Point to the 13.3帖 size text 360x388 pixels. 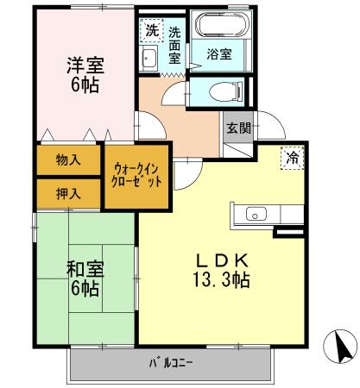click(221, 280)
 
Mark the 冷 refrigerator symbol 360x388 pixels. click(292, 159)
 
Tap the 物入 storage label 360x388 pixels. click(68, 160)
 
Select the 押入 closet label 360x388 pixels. click(68, 192)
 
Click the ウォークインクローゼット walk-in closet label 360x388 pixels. click(137, 176)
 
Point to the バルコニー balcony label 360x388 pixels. click(174, 362)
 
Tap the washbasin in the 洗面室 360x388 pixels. click(148, 59)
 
